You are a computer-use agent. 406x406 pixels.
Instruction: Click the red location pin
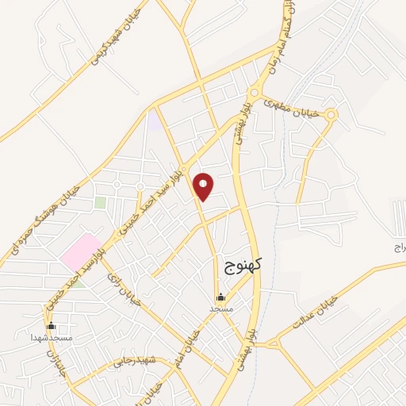tap(204, 186)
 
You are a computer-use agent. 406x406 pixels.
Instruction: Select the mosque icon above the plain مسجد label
tap(220, 297)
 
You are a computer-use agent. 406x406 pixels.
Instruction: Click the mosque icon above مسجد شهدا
tap(52, 325)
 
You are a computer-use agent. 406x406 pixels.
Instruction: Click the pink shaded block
tap(82, 251)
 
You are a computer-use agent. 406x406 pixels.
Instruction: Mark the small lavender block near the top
tap(154, 121)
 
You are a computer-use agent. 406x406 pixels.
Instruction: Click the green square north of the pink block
tap(101, 202)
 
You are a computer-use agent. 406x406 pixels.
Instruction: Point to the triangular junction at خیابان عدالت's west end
tap(272, 343)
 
